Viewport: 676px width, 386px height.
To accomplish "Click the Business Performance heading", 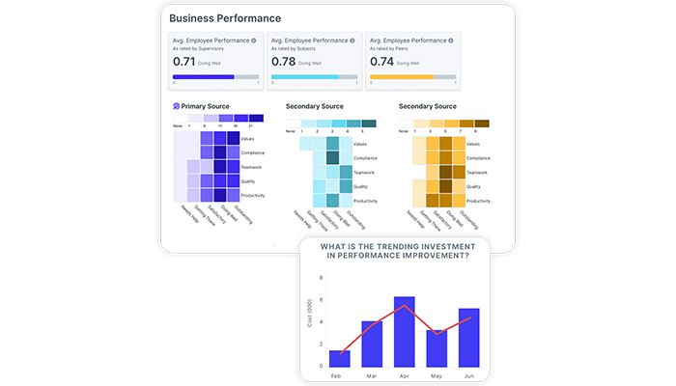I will click(x=225, y=17).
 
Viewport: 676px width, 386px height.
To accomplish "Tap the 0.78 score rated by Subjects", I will click(x=282, y=61).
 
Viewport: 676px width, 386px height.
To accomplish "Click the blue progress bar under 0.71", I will click(x=203, y=76).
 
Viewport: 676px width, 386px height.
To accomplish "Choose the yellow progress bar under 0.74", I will click(x=396, y=76).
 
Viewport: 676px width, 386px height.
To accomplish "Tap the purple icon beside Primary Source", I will click(x=176, y=106).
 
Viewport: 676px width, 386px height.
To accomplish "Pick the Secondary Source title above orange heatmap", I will click(x=428, y=106).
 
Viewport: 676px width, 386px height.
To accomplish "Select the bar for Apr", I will click(x=405, y=332).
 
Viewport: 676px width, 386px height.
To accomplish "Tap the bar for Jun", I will click(x=468, y=338).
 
